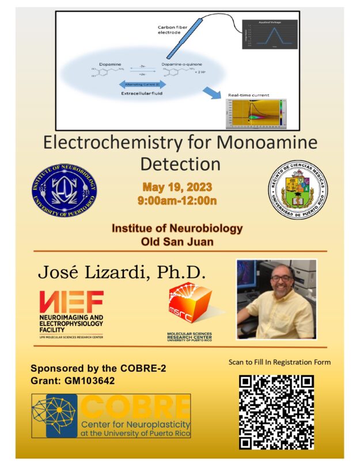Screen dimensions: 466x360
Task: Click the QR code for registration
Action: click(276, 411)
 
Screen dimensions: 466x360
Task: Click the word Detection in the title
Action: click(180, 164)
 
